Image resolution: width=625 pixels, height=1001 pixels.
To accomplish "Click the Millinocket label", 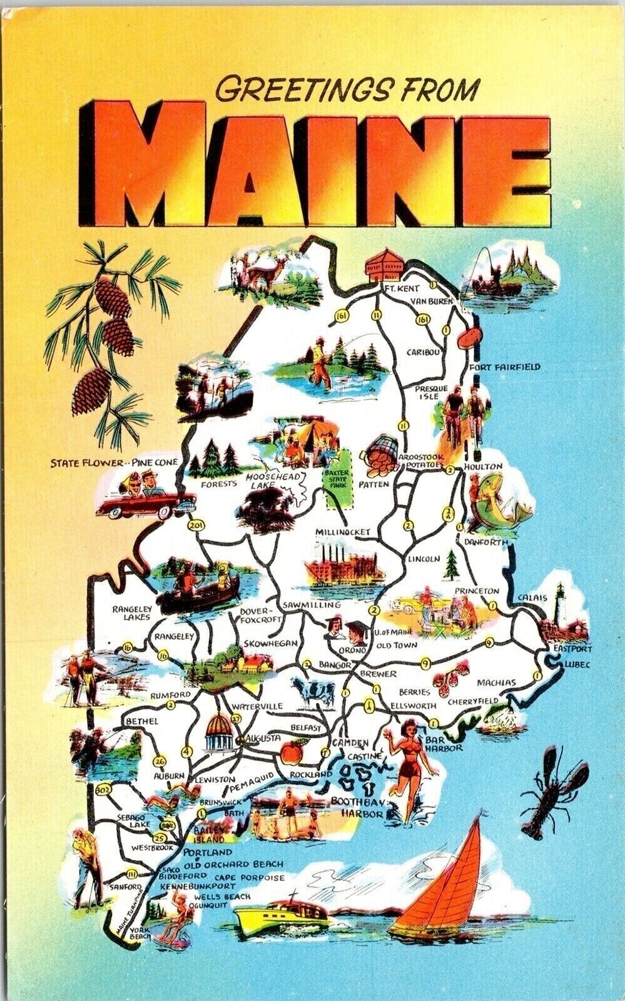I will (x=343, y=532).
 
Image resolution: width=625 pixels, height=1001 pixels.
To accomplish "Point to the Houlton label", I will (x=482, y=467).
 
